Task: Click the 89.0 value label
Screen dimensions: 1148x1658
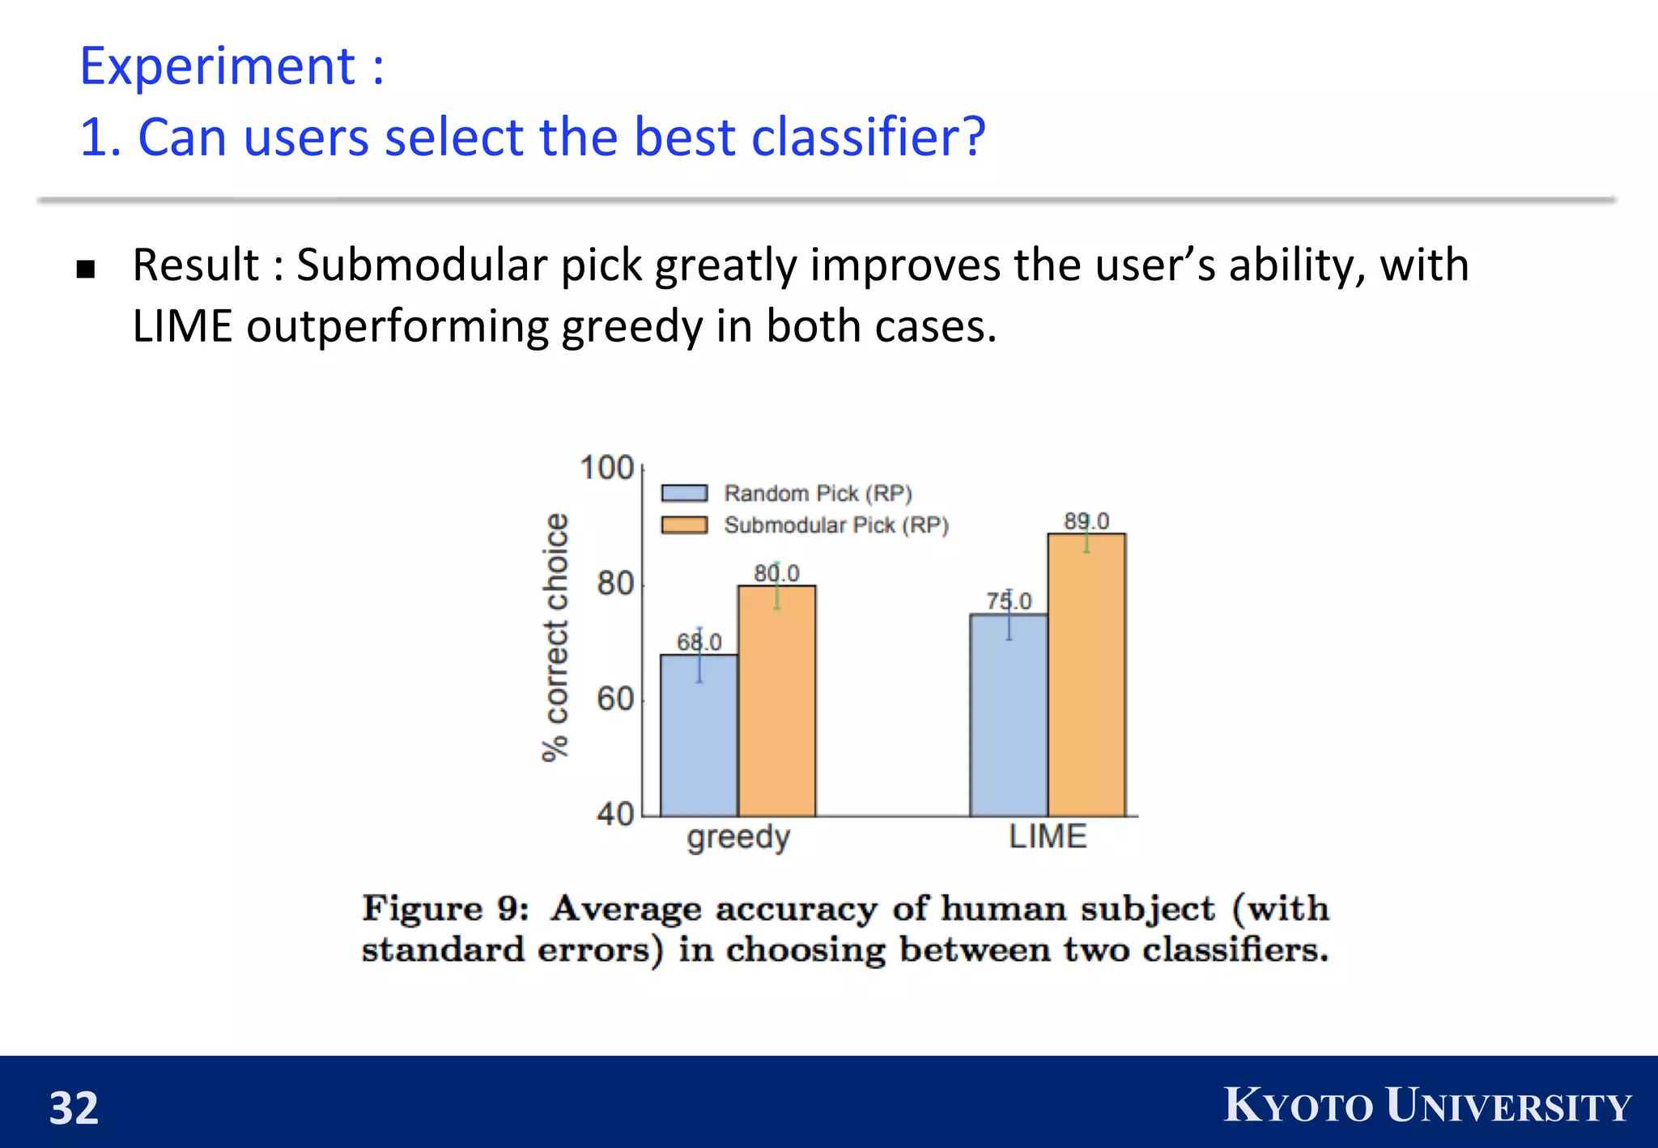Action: (x=1086, y=521)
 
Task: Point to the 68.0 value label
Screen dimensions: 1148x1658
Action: (x=699, y=642)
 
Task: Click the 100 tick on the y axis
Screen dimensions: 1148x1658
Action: (x=606, y=468)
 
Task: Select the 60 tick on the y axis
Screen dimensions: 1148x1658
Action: (x=615, y=699)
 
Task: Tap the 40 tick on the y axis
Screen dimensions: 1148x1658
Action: (x=615, y=814)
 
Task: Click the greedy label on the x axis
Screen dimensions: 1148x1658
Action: (x=738, y=837)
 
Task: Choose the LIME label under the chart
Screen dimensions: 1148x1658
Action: (x=1048, y=836)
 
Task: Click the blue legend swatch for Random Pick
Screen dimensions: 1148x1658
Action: (x=684, y=493)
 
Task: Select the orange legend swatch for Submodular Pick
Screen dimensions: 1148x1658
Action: (x=684, y=525)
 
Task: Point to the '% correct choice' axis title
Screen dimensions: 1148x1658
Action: (x=555, y=637)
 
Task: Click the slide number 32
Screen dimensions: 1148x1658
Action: (x=74, y=1108)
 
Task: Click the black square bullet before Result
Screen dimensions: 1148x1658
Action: (x=86, y=269)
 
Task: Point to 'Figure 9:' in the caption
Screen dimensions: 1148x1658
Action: (x=445, y=908)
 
